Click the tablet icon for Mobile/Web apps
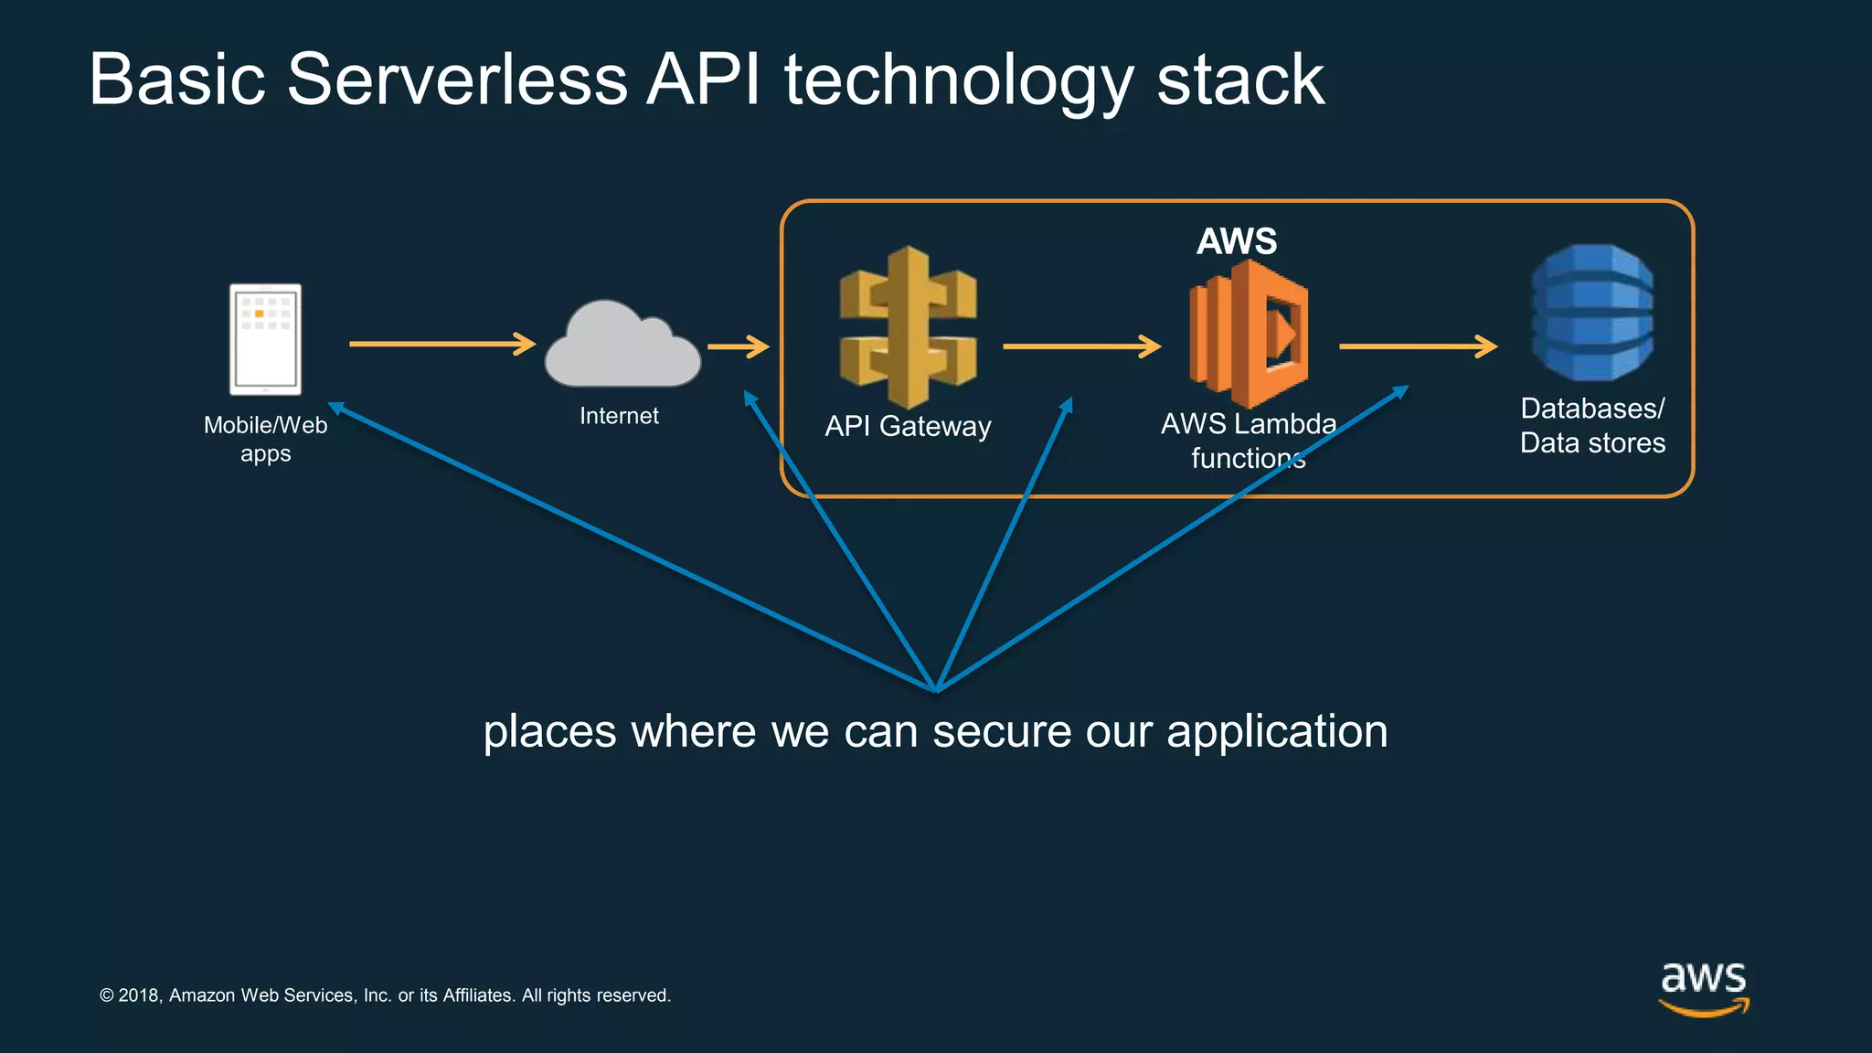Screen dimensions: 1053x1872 (265, 339)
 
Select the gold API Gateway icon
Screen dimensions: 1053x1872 (908, 326)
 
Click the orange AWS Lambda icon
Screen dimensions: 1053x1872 (1248, 334)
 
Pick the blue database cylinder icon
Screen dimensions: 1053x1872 (1592, 313)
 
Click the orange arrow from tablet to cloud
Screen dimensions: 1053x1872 (441, 344)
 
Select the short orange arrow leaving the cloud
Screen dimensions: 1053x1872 (738, 346)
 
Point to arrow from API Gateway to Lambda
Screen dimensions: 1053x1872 (1080, 346)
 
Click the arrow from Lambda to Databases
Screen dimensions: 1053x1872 (1417, 346)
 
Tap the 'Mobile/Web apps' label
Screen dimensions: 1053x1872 (265, 439)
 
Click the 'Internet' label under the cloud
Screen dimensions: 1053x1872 (619, 416)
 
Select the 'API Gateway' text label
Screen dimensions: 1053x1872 (908, 426)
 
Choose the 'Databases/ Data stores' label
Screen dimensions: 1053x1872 (1592, 425)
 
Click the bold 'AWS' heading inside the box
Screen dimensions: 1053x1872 (1237, 241)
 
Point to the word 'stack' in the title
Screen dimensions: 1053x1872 (1239, 80)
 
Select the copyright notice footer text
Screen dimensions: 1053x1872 (385, 995)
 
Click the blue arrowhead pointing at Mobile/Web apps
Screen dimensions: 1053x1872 (335, 408)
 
